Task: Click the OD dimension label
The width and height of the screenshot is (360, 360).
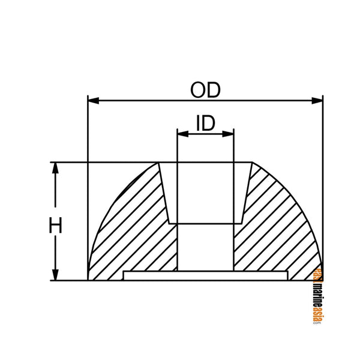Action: pyautogui.click(x=205, y=89)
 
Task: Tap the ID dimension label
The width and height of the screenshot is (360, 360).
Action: pyautogui.click(x=205, y=124)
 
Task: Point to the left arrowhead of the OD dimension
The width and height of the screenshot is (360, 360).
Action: pyautogui.click(x=92, y=100)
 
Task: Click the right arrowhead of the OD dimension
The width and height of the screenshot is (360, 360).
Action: pyautogui.click(x=318, y=100)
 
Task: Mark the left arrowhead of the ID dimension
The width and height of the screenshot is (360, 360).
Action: pyautogui.click(x=181, y=134)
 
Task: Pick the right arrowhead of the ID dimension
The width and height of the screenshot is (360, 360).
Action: pyautogui.click(x=229, y=134)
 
